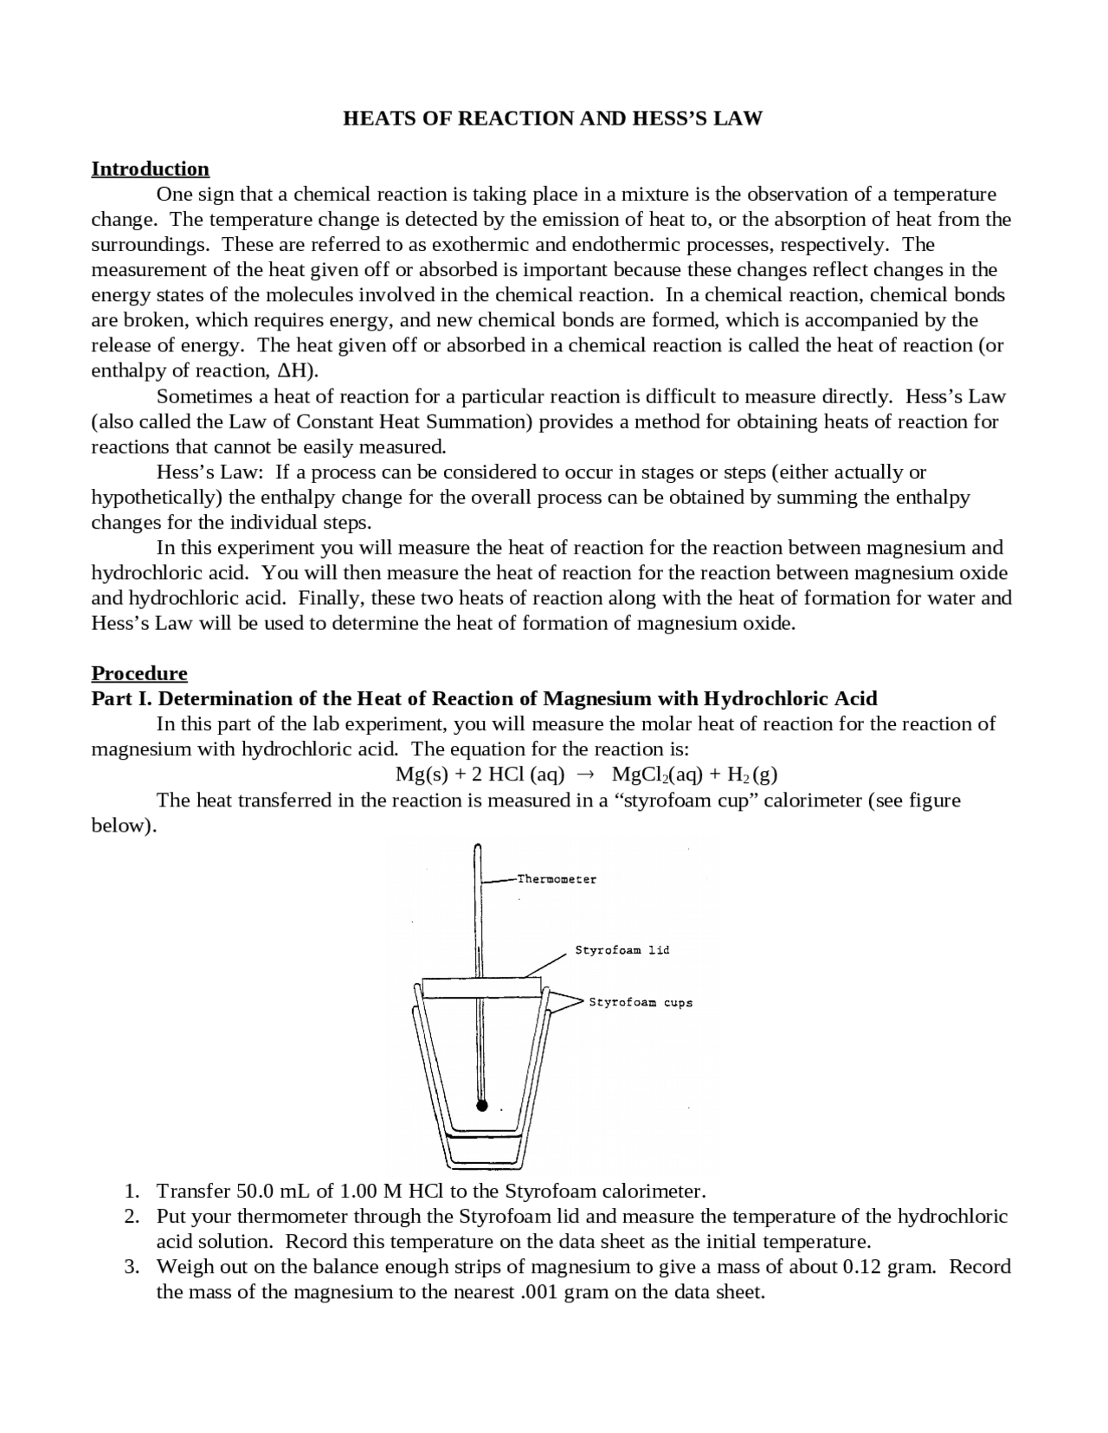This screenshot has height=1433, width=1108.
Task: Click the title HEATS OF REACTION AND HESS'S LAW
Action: pos(552,119)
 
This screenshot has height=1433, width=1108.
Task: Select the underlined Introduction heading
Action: pos(151,169)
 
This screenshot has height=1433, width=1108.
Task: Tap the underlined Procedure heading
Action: pos(139,673)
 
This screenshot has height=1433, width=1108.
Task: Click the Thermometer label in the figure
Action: pos(557,879)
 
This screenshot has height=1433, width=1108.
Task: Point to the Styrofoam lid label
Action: pos(622,950)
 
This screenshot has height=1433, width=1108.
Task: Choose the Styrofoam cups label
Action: pos(641,1003)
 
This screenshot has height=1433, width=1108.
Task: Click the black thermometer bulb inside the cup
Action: pos(482,1106)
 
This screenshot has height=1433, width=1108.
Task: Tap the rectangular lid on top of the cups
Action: pos(481,987)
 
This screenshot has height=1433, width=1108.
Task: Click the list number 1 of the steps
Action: pos(131,1191)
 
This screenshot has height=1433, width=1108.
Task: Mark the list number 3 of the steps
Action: pos(131,1267)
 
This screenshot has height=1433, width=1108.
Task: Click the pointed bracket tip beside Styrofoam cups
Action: pos(583,1002)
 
